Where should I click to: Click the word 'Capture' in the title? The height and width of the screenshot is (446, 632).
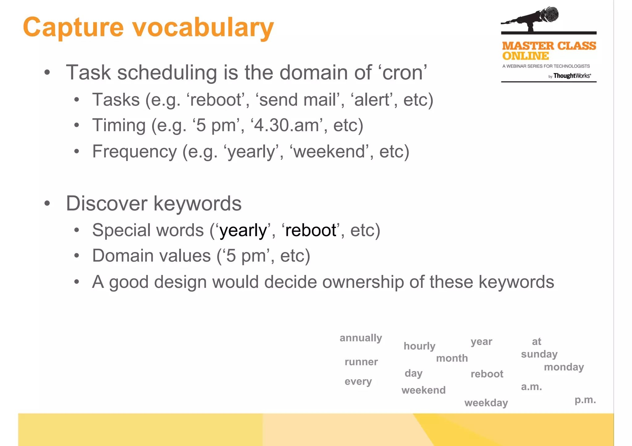coord(73,28)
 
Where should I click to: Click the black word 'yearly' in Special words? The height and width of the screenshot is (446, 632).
coord(243,231)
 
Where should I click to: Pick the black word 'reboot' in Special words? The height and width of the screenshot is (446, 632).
coord(311,231)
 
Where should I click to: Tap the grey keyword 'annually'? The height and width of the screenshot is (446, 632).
coord(361,338)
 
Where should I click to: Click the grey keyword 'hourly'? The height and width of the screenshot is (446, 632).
coord(419,346)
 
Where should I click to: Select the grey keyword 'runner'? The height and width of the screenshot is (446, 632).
coord(361,362)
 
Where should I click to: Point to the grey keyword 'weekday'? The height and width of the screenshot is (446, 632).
coord(486,403)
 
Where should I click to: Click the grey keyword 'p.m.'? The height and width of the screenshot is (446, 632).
coord(585,400)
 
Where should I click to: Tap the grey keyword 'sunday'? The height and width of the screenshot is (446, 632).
coord(539,354)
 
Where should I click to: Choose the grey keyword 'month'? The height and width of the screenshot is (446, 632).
coord(452,358)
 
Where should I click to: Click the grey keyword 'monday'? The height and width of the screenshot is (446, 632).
coord(564,367)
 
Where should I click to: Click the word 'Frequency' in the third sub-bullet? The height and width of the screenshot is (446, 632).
coord(135,152)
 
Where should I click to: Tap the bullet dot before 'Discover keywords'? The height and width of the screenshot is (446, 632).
coord(47,203)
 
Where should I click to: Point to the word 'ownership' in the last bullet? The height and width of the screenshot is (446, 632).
coord(363,282)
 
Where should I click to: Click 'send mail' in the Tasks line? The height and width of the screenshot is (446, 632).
coord(297,100)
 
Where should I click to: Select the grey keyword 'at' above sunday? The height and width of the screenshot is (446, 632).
coord(536,342)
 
